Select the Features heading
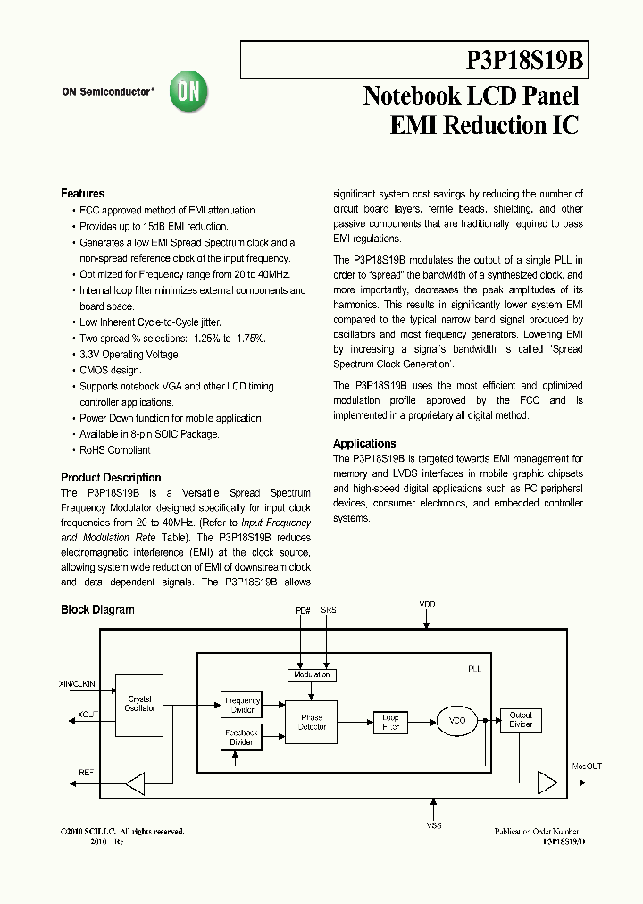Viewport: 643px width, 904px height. (82, 194)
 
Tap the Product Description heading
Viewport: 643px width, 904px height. (111, 478)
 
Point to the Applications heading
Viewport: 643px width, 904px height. (364, 444)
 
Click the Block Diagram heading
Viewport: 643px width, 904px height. (97, 610)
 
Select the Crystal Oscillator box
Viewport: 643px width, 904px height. (140, 704)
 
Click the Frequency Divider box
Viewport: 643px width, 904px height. (241, 706)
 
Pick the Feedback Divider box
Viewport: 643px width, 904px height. (241, 737)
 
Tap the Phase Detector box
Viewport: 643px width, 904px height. (312, 722)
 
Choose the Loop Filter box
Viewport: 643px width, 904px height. (390, 722)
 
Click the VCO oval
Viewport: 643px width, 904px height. (456, 720)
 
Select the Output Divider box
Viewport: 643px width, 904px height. (520, 720)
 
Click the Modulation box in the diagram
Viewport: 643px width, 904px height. (312, 674)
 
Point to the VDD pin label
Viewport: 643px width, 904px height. (427, 605)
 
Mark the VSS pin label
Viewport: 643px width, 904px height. (433, 826)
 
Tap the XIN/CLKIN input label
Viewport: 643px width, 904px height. (77, 684)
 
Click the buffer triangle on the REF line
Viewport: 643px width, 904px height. (135, 783)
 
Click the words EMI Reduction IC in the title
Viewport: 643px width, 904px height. (484, 126)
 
